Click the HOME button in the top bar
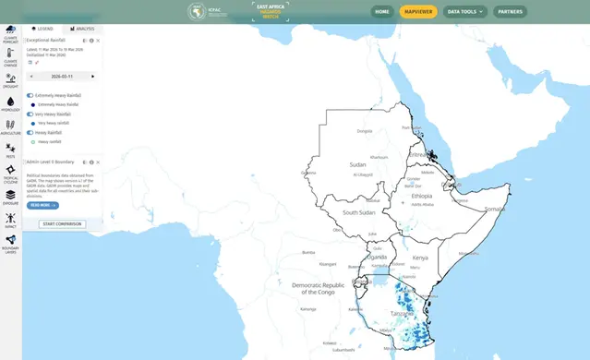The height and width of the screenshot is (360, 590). pos(383,12)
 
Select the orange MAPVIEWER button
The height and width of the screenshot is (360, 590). pos(418,12)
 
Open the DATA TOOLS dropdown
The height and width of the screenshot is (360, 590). pos(464,12)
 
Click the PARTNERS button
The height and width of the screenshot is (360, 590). pos(511,12)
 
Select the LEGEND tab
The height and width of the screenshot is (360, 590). pos(42,30)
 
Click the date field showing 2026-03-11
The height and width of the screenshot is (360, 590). pos(63,77)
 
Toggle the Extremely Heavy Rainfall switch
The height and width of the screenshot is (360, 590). pos(30,95)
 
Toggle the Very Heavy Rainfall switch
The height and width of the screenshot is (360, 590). pos(30,114)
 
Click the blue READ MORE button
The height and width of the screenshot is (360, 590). pos(43,205)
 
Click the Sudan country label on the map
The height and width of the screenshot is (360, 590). pos(358,165)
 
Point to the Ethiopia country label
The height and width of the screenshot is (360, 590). pos(422,197)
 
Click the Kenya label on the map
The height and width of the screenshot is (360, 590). pos(420,257)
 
